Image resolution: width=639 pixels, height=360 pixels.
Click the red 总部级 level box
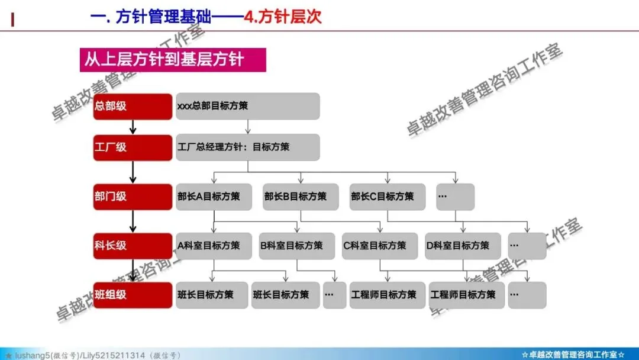tap(133, 106)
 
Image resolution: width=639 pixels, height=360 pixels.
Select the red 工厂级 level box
tap(133, 147)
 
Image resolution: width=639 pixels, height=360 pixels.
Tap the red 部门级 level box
tap(133, 197)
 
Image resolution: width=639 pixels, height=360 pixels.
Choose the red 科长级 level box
tap(133, 245)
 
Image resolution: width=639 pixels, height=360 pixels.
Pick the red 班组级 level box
tap(133, 294)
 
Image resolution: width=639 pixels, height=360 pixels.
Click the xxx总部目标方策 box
tap(247, 106)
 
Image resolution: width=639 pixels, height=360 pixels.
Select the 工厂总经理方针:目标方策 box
tap(247, 147)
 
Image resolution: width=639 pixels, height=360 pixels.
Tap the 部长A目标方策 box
tap(214, 197)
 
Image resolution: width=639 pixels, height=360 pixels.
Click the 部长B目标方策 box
tap(301, 197)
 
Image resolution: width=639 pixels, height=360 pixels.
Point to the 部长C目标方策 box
tap(388, 197)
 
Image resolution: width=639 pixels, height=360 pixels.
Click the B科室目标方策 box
tap(296, 245)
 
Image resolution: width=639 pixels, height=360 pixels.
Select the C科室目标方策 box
tap(379, 245)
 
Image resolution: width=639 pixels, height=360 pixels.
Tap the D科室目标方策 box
tap(463, 245)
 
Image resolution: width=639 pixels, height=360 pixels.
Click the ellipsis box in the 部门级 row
tap(455, 197)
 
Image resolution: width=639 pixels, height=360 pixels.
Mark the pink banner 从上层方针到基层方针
tap(173, 60)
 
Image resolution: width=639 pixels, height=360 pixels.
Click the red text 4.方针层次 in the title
tap(283, 16)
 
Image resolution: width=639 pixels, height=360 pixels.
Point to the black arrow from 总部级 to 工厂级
tap(133, 127)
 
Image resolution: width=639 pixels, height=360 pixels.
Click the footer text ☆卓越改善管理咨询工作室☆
tap(573, 355)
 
